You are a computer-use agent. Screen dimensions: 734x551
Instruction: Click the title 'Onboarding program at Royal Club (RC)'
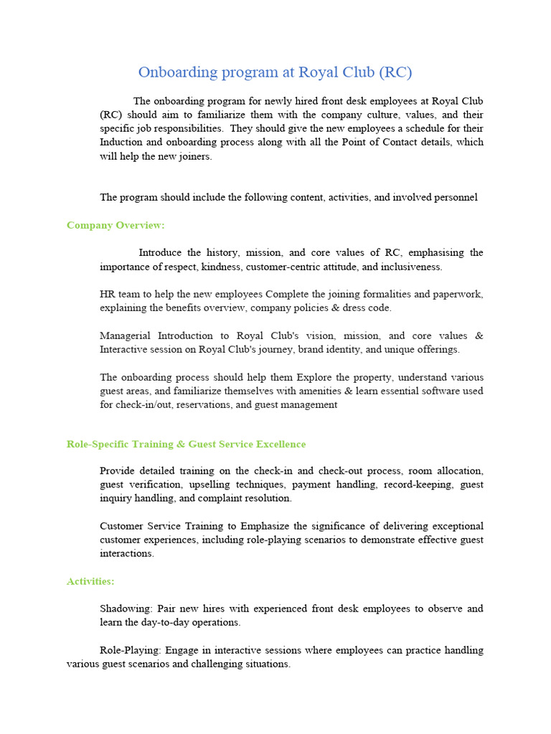pos(275,72)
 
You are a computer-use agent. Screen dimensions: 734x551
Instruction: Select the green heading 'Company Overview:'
pos(116,225)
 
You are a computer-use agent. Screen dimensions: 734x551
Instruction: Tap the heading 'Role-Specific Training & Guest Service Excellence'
pos(186,444)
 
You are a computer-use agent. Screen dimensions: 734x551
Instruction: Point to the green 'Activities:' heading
pos(90,581)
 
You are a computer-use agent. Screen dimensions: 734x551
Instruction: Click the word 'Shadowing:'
pos(126,609)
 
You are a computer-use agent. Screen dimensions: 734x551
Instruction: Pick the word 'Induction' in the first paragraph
pos(121,142)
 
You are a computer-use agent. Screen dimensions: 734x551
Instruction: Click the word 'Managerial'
pos(126,335)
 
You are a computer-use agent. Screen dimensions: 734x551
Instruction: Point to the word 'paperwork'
pos(458,294)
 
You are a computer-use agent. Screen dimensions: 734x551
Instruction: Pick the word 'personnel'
pos(455,197)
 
